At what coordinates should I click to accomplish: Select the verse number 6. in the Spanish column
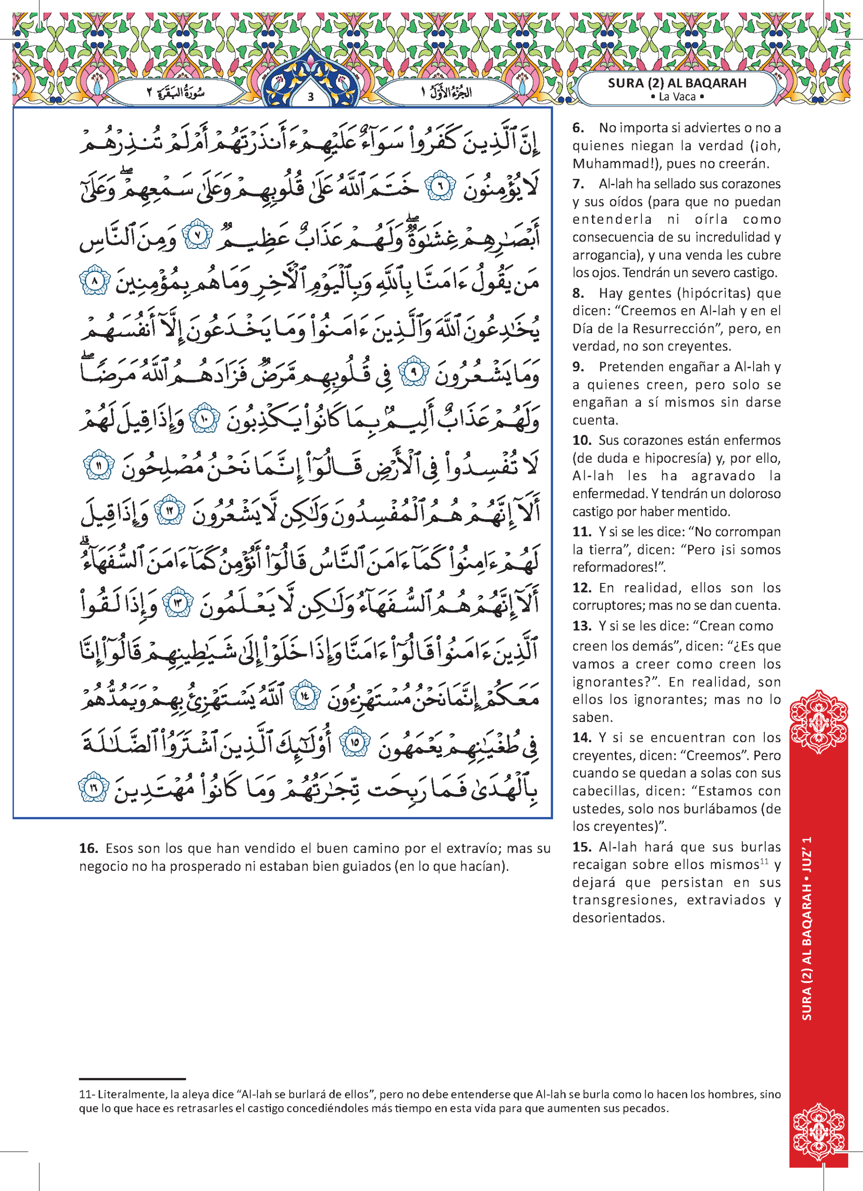tap(578, 127)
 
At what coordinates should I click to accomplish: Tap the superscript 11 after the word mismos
tap(764, 862)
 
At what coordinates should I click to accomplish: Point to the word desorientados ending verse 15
tap(618, 917)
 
